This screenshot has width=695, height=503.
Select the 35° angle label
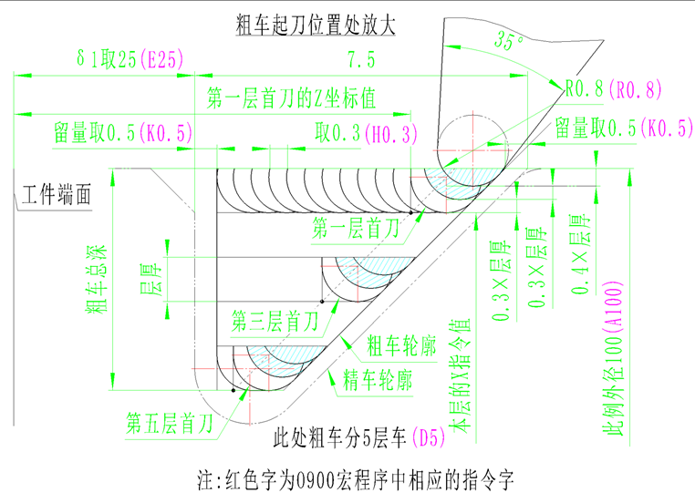(507, 42)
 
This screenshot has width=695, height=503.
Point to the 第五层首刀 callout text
(171, 424)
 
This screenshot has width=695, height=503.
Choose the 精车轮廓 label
(376, 380)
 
